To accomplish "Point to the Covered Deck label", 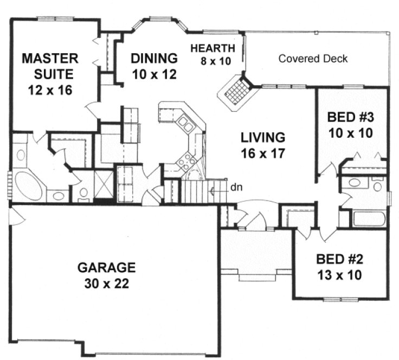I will click(313, 59).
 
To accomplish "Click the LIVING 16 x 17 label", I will click(264, 145).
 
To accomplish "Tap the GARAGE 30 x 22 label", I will click(106, 275).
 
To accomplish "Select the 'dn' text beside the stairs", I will click(234, 189).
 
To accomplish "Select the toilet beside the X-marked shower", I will click(83, 193).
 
